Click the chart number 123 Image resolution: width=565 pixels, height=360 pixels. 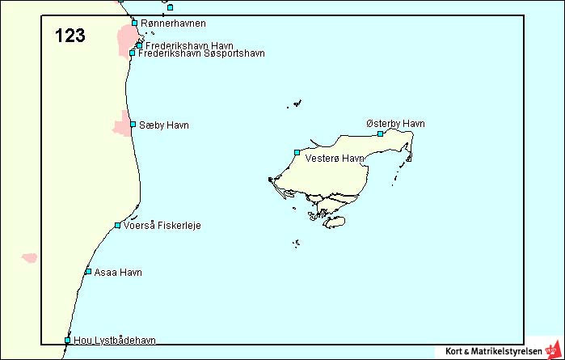pyautogui.click(x=70, y=36)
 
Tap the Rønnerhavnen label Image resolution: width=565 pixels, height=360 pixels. pyautogui.click(x=172, y=23)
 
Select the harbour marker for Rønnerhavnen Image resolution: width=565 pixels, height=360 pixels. pyautogui.click(x=134, y=23)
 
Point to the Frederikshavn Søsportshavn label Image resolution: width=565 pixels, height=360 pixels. pyautogui.click(x=201, y=53)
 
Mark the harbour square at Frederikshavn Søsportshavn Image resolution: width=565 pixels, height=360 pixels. pyautogui.click(x=133, y=53)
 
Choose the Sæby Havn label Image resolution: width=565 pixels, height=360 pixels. pyautogui.click(x=164, y=125)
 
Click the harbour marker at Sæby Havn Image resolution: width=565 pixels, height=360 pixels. pyautogui.click(x=133, y=125)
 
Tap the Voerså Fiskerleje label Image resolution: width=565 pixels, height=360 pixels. pyautogui.click(x=162, y=226)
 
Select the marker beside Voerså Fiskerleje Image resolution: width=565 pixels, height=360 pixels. pyautogui.click(x=117, y=225)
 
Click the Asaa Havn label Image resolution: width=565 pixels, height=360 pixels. pyautogui.click(x=118, y=272)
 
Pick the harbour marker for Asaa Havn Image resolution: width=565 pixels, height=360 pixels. pyautogui.click(x=88, y=271)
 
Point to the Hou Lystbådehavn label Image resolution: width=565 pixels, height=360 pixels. pyautogui.click(x=114, y=341)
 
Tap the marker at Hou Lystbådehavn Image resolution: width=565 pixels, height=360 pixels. pyautogui.click(x=67, y=341)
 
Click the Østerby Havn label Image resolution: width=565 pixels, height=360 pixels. pyautogui.click(x=395, y=124)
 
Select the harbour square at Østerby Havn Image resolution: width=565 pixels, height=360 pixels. pyautogui.click(x=380, y=133)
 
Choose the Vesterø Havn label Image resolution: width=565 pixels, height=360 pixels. pyautogui.click(x=335, y=159)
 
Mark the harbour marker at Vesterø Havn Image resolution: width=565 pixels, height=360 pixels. pyautogui.click(x=297, y=152)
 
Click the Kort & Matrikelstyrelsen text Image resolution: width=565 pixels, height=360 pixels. pyautogui.click(x=494, y=351)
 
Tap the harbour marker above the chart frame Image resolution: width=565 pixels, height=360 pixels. pyautogui.click(x=170, y=7)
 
